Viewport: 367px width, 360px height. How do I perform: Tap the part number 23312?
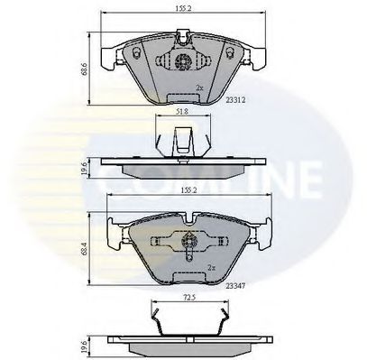[236, 101]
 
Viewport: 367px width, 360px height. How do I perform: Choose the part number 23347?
[236, 283]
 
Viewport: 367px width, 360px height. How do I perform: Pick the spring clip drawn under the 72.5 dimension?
[186, 320]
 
